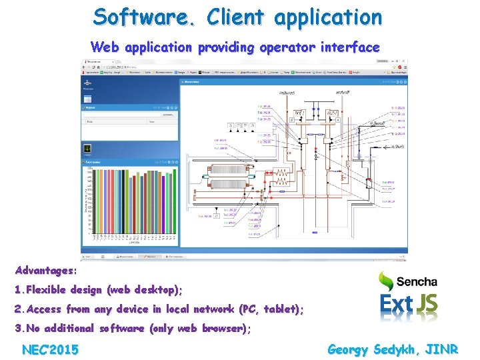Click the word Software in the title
[141, 16]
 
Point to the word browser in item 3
[220, 328]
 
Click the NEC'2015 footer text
[50, 349]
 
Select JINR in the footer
[441, 349]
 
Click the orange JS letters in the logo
[427, 303]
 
